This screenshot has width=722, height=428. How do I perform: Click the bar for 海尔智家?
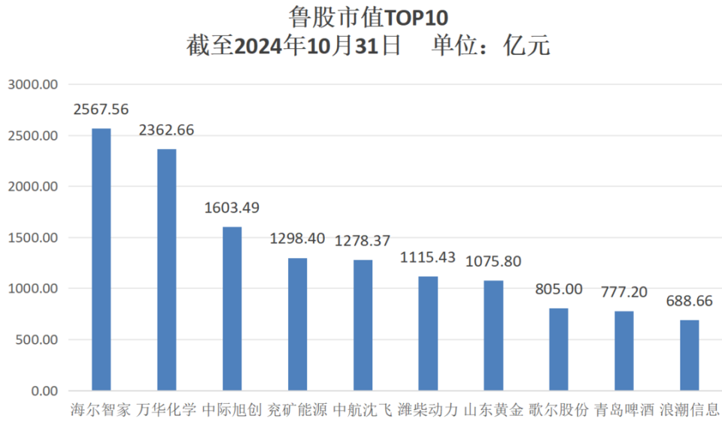pos(102,260)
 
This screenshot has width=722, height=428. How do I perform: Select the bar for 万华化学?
pos(167,270)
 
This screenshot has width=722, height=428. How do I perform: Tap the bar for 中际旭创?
pos(232,308)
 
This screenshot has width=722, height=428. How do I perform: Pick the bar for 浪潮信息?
pos(690,355)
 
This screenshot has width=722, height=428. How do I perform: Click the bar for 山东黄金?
pos(493,335)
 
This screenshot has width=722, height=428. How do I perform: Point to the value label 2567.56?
pos(102,109)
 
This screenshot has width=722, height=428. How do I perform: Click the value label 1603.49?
pos(232,208)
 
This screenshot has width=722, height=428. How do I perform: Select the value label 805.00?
pos(559,289)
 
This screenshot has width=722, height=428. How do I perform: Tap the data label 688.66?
pos(690,301)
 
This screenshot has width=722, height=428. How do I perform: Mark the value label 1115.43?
pos(428,257)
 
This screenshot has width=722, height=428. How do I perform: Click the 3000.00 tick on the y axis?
pos(33,84)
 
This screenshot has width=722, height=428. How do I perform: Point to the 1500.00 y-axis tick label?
pos(33,238)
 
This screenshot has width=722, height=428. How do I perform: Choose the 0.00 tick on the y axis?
pos(44,391)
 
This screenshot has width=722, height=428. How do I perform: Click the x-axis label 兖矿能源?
pos(298,410)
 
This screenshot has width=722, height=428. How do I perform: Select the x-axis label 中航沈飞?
pos(363,410)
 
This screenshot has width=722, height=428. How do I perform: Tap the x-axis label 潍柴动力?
pos(428,410)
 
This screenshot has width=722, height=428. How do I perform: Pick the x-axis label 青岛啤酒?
pos(624,410)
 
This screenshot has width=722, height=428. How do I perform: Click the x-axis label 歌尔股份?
pos(559,410)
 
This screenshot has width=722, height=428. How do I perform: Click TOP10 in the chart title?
pos(416,18)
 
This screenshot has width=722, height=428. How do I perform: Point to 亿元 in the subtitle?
pos(527,46)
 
